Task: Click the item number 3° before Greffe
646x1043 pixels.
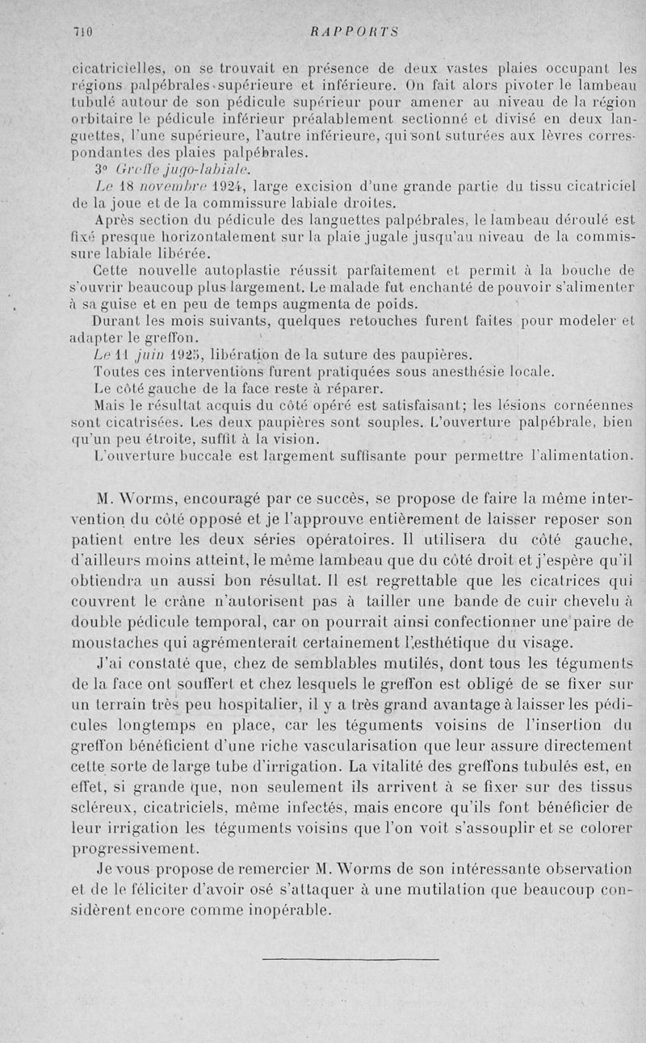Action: point(102,170)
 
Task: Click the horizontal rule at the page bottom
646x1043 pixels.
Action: point(350,960)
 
